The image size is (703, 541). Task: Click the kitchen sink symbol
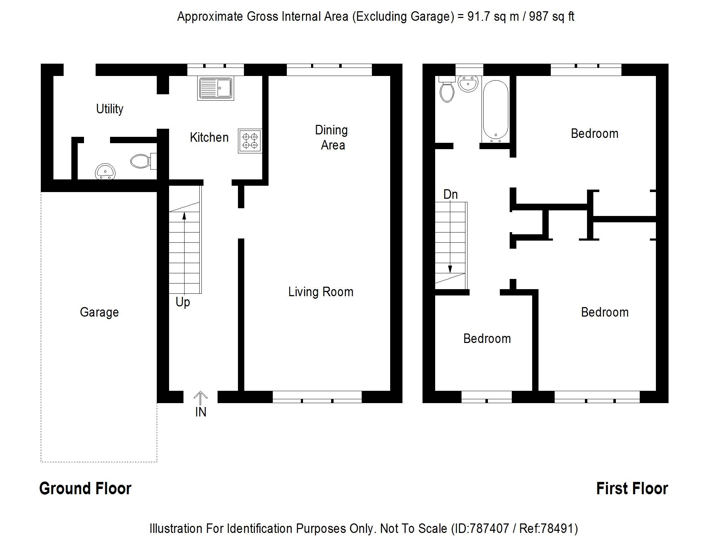click(x=215, y=88)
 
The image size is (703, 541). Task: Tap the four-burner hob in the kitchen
click(x=250, y=141)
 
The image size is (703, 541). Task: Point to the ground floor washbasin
click(x=105, y=172)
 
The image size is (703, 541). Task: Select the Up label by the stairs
click(x=183, y=302)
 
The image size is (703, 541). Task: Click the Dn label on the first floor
click(x=451, y=195)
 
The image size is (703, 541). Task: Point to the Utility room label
click(x=110, y=109)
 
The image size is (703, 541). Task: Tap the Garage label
click(x=99, y=312)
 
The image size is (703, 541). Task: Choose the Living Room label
click(x=321, y=292)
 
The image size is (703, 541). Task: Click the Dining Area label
click(x=331, y=138)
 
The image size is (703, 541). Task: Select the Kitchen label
click(x=209, y=138)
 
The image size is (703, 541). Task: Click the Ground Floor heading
click(x=85, y=489)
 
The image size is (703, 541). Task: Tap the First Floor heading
click(x=632, y=489)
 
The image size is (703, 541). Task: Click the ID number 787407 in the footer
click(x=489, y=528)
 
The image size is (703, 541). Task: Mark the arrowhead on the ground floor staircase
click(x=184, y=215)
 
